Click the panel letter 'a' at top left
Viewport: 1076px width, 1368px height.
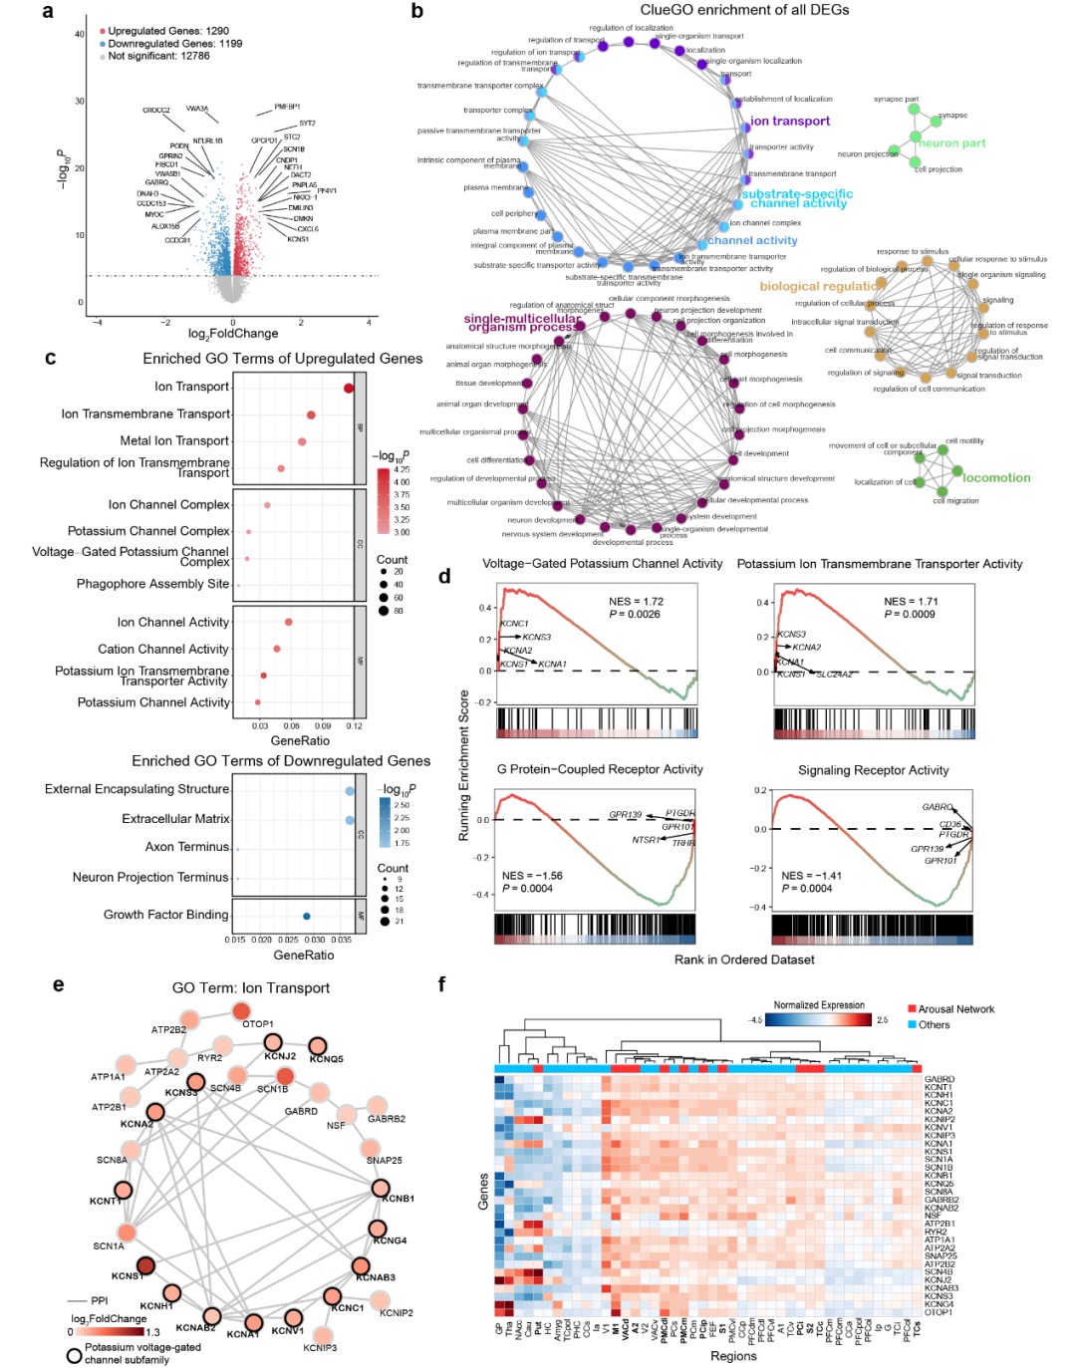click(x=48, y=12)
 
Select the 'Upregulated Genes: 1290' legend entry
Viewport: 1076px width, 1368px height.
click(x=168, y=31)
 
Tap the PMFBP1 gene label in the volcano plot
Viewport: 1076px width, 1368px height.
click(x=287, y=107)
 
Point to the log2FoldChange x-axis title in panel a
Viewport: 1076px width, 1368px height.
click(x=233, y=334)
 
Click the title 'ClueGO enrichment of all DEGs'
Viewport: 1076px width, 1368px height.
click(x=744, y=10)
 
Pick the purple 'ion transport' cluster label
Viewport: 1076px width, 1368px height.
click(x=790, y=122)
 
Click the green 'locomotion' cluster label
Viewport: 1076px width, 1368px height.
click(x=996, y=478)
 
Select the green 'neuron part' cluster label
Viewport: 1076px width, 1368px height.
click(x=952, y=143)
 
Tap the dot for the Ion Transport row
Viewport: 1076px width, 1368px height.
click(x=349, y=388)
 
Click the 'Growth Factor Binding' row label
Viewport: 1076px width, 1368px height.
click(x=166, y=915)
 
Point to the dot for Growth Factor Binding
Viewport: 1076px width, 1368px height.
click(x=307, y=916)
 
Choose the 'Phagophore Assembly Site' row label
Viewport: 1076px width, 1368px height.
click(x=152, y=584)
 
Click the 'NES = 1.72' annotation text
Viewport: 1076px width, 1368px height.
click(x=636, y=602)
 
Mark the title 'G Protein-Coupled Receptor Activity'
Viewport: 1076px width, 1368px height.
click(x=600, y=770)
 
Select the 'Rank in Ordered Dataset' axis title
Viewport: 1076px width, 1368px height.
click(x=744, y=960)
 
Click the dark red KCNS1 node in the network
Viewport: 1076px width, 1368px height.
click(x=145, y=1265)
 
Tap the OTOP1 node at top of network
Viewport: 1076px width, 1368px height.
click(x=242, y=1011)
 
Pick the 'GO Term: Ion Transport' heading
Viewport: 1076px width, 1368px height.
click(x=251, y=988)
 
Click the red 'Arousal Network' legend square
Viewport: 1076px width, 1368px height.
click(x=912, y=1009)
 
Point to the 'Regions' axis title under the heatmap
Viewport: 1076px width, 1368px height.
click(x=733, y=1356)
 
